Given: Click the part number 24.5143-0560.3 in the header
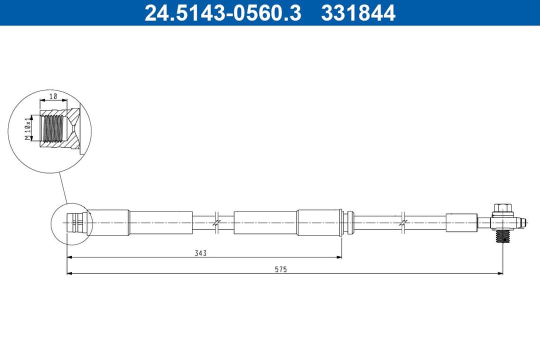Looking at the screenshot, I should pyautogui.click(x=222, y=13).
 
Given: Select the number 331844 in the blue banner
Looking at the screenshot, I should pyautogui.click(x=358, y=13).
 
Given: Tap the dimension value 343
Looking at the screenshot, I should pyautogui.click(x=200, y=253).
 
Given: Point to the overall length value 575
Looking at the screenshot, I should pyautogui.click(x=280, y=269).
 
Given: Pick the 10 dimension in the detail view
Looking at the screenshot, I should pyautogui.click(x=53, y=96).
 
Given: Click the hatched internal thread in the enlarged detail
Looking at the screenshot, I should pyautogui.click(x=53, y=128).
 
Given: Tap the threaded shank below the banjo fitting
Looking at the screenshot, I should pyautogui.click(x=502, y=235).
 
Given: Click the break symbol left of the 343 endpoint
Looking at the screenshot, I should pyautogui.click(x=216, y=222).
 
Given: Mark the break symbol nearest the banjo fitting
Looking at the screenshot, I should pyautogui.click(x=402, y=222).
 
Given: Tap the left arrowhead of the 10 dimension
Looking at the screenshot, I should pyautogui.click(x=42, y=100).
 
